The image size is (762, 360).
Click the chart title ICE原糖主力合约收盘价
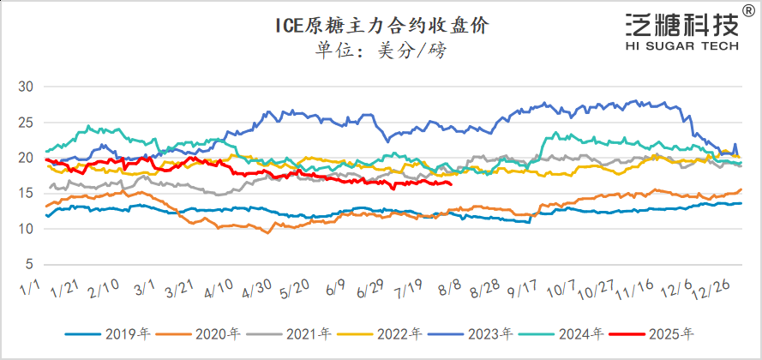coord(381,25)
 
